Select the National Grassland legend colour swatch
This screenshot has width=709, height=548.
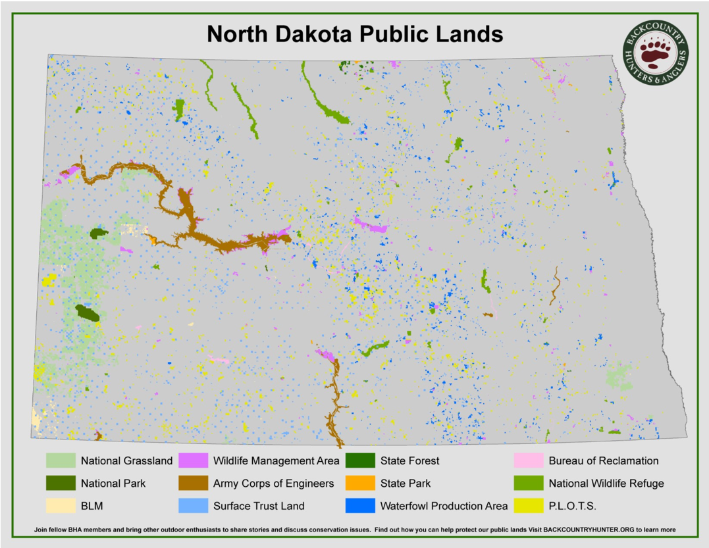tap(59, 461)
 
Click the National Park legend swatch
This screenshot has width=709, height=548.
tap(59, 483)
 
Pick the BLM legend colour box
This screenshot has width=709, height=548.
tap(59, 505)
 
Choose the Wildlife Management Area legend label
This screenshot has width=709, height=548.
tap(276, 461)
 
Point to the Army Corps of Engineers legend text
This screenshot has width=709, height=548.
tap(273, 483)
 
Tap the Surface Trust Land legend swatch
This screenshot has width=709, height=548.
tap(192, 505)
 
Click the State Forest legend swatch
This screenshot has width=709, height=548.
tap(359, 461)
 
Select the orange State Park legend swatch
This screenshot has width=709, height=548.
tap(359, 483)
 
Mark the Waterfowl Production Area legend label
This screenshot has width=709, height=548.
tap(444, 505)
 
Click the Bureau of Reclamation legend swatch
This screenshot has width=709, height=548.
tap(528, 461)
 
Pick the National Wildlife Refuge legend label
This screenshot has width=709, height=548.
tap(606, 483)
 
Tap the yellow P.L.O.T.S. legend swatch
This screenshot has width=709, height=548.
tap(528, 505)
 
